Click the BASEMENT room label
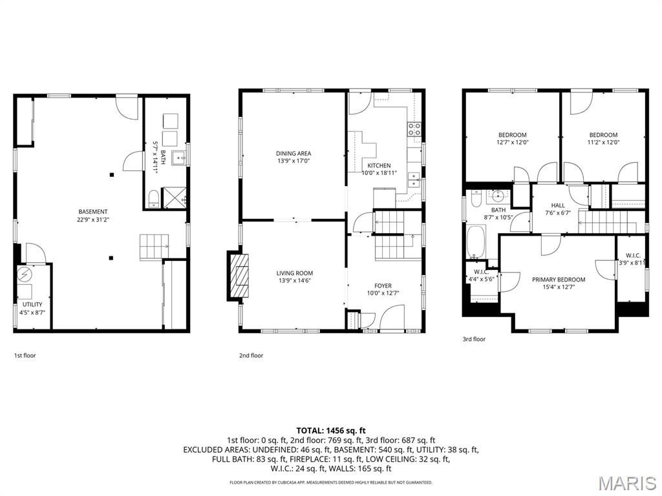93,212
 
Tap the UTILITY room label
32,304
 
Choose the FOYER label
383,286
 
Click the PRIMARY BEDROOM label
558,280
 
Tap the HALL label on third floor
557,205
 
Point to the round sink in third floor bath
498,196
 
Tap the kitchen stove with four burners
414,129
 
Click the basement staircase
154,246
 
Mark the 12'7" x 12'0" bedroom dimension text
512,143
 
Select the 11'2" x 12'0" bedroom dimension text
603,143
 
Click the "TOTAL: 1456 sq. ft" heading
331,430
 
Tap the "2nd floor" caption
251,355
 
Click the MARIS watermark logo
626,482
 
